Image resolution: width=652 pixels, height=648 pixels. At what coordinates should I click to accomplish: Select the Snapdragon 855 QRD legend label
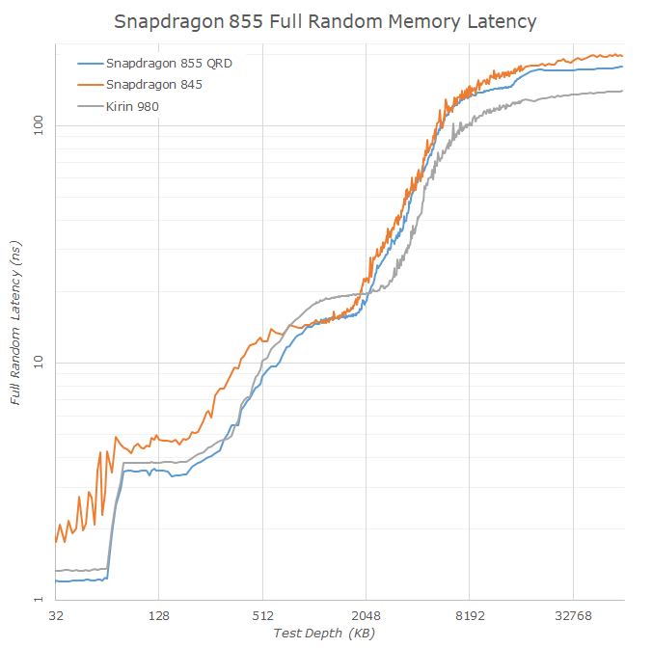coord(170,63)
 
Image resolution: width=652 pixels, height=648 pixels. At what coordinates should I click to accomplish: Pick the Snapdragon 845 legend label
coord(154,85)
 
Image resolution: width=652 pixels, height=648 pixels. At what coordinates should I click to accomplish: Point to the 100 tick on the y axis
coord(35,125)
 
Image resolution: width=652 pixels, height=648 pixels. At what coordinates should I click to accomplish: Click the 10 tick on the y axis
coord(39,363)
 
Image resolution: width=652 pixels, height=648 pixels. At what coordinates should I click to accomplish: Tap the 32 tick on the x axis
coord(56,614)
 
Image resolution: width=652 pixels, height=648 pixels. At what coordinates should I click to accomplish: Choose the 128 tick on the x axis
coord(159,614)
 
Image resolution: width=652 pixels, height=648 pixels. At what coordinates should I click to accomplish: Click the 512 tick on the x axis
coord(262,614)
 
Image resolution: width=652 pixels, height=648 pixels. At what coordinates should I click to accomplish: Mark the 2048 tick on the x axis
coord(366,614)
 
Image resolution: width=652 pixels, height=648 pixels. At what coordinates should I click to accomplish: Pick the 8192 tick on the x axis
coord(469,614)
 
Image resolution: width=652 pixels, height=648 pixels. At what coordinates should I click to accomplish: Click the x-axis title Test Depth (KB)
coord(324,633)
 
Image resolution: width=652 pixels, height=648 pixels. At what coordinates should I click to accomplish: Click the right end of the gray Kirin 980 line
coord(622,92)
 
